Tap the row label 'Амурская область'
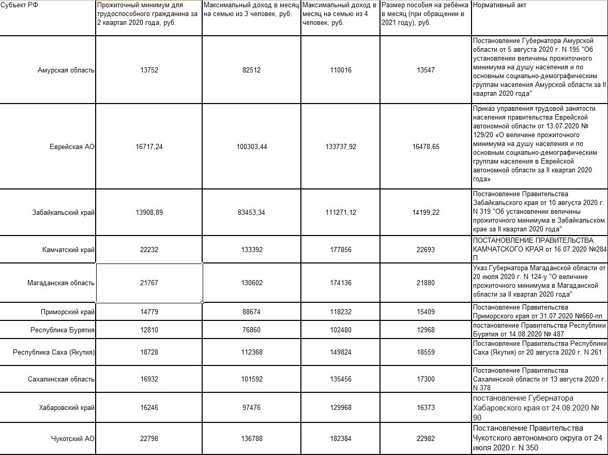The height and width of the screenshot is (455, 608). pos(66,70)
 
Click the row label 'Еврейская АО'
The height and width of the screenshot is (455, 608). pos(72,147)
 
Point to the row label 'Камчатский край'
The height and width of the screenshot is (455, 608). pos(68,249)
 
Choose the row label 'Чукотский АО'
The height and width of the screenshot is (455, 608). pos(73,438)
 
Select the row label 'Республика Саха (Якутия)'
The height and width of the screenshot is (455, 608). pos(54,352)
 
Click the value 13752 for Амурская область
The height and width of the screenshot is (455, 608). pos(149,70)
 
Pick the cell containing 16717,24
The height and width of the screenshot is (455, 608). pos(149,147)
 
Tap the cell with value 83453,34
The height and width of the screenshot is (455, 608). pos(252,213)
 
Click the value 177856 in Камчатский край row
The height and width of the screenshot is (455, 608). pos(341,249)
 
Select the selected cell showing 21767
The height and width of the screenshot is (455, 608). pos(149,283)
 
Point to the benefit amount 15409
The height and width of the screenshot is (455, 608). pos(426,312)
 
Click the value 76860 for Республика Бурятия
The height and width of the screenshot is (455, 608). pos(252,330)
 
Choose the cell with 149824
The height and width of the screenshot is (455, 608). pos(341,352)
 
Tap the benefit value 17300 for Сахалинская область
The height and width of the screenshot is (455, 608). pos(426,379)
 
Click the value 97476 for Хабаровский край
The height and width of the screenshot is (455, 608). pos(252,408)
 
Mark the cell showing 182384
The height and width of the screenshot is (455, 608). pos(341,438)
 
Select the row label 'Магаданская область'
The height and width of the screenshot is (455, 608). pos(61,283)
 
